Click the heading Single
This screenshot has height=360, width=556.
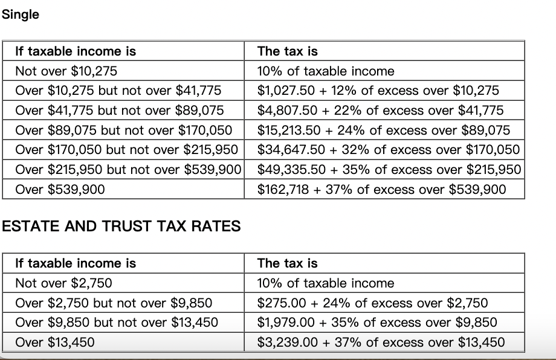click(21, 14)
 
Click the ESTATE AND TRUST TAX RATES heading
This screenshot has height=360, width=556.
click(121, 227)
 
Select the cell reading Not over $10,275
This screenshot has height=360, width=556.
click(66, 71)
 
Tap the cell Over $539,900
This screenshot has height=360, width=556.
click(60, 190)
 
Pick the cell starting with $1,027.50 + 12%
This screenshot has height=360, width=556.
click(378, 91)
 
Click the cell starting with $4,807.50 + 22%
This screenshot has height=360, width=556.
click(380, 111)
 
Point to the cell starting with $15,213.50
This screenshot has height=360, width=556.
click(383, 130)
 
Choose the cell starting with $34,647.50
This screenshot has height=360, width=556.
click(388, 150)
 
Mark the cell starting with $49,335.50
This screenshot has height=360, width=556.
click(389, 170)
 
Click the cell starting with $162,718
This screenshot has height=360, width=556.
click(381, 190)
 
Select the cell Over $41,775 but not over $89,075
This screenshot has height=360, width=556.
click(119, 111)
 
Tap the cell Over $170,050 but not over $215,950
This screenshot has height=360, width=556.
click(126, 150)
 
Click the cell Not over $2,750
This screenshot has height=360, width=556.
click(63, 283)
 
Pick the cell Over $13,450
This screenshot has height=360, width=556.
click(55, 342)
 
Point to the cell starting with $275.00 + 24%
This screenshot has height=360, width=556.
click(372, 303)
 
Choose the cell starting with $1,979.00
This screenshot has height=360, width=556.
click(377, 323)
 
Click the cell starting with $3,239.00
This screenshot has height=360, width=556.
click(381, 342)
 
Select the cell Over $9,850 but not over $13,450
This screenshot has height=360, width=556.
click(116, 323)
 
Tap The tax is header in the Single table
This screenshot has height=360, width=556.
click(287, 51)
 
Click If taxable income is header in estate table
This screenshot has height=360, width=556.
click(76, 263)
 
